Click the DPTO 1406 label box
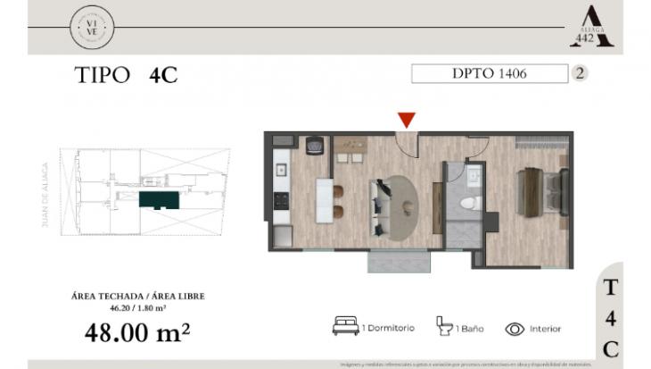coord(490,74)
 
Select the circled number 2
coord(581,74)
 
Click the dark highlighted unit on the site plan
coord(161,199)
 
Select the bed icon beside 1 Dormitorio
coord(345,327)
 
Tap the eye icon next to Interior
coord(515,328)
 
